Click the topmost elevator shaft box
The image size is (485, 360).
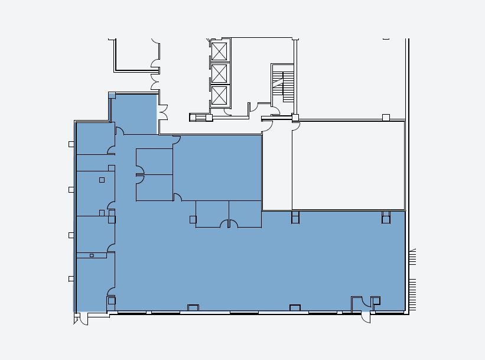coord(219,51)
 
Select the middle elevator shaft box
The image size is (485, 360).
coord(219,73)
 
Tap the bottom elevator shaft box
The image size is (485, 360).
coord(219,95)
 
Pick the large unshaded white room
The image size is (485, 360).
coord(348,166)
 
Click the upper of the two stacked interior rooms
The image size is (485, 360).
coord(155,161)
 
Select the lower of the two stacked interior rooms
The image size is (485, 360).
coord(155,187)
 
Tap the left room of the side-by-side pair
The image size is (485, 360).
coord(212,213)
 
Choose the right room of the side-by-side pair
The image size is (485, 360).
coord(245,213)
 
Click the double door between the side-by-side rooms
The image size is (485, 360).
coord(229,224)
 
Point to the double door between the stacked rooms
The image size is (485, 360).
coord(140,174)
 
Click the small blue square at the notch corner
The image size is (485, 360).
coord(112,95)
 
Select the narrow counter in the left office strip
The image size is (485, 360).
coord(92,255)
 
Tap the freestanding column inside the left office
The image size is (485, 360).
coord(102,180)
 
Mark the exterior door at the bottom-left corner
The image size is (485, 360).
coord(83,319)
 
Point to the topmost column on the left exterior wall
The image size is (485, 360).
coord(71,144)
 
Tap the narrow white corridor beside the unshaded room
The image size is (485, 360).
coord(277,171)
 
